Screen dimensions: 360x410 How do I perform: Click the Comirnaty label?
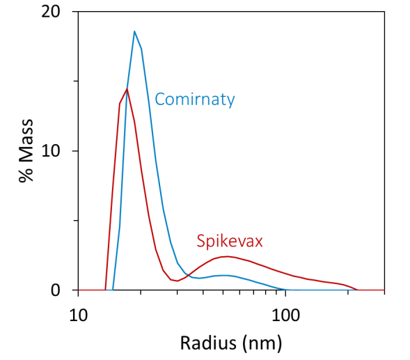pyautogui.click(x=194, y=100)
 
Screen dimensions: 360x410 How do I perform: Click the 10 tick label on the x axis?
pyautogui.click(x=78, y=313)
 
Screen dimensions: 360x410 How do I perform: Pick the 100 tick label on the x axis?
pyautogui.click(x=285, y=313)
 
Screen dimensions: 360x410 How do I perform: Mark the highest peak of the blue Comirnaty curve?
pyautogui.click(x=134, y=31)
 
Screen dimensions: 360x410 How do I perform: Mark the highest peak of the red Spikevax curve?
pyautogui.click(x=126, y=89)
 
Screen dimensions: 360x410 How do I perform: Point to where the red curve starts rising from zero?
pyautogui.click(x=106, y=289)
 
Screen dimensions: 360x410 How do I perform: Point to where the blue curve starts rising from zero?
pyautogui.click(x=113, y=289)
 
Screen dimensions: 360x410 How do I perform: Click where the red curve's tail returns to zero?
pyautogui.click(x=357, y=290)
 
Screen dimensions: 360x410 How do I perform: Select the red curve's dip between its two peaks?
pyautogui.click(x=178, y=281)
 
